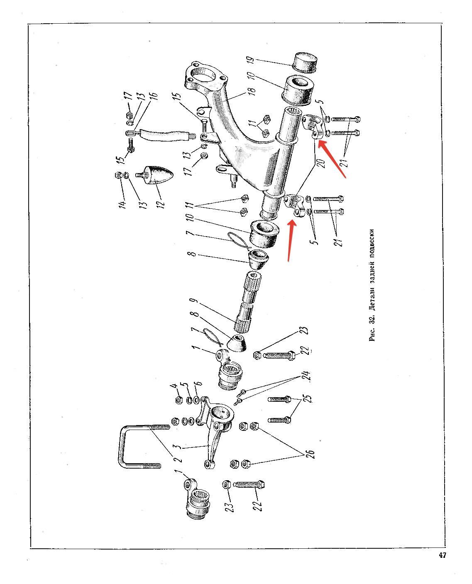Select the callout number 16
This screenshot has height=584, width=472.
tap(154, 96)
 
